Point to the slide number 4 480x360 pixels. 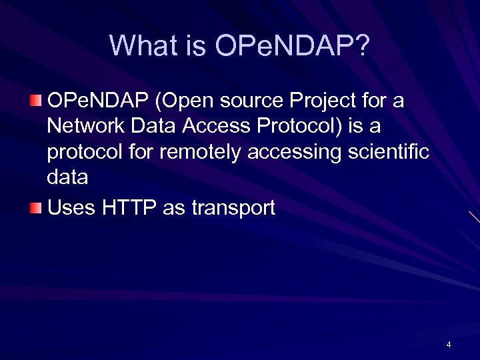point(449,345)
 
